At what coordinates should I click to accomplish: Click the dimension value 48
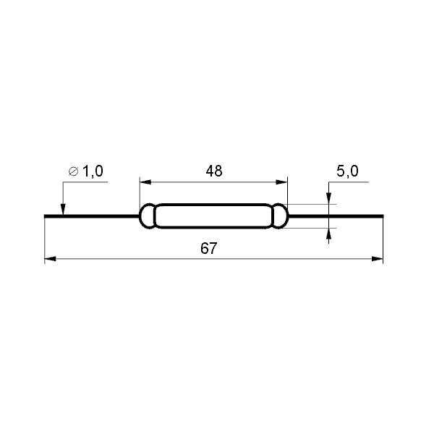(x=213, y=171)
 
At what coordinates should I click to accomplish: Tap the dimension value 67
(x=208, y=248)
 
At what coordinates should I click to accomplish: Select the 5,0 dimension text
(x=347, y=171)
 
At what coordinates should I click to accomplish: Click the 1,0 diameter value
(x=93, y=171)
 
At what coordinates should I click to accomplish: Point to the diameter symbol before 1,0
(x=73, y=172)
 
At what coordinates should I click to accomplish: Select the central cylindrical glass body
(x=213, y=216)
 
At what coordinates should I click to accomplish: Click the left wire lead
(x=90, y=216)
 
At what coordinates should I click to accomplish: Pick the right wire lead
(x=340, y=216)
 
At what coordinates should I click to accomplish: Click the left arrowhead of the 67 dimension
(x=50, y=258)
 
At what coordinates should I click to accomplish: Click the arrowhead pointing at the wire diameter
(x=63, y=209)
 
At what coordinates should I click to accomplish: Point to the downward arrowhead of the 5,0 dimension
(x=329, y=200)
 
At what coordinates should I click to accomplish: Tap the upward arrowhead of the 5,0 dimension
(x=329, y=233)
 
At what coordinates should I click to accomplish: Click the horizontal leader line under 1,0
(x=87, y=182)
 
